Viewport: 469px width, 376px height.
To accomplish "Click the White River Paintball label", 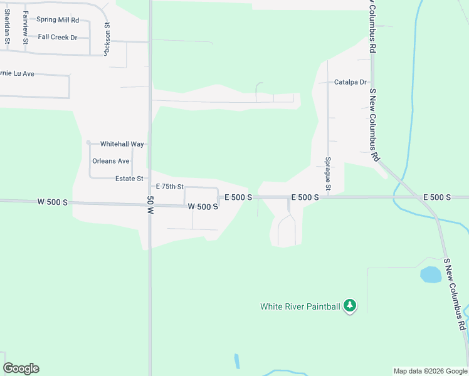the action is point(300,306).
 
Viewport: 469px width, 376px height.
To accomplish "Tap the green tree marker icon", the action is point(350,306).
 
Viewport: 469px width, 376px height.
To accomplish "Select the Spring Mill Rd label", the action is point(58,20).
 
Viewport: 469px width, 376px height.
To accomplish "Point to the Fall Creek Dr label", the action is point(57,37).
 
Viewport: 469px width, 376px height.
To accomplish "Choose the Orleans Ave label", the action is point(110,161).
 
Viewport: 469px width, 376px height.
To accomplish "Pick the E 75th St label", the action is point(169,187).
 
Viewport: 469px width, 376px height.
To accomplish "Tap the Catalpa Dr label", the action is point(350,82).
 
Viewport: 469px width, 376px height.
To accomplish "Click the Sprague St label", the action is point(327,175).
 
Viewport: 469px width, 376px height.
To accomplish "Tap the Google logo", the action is point(21,368).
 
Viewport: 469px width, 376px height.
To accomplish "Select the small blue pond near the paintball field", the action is point(430,274).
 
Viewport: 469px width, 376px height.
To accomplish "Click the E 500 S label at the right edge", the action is point(437,197).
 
